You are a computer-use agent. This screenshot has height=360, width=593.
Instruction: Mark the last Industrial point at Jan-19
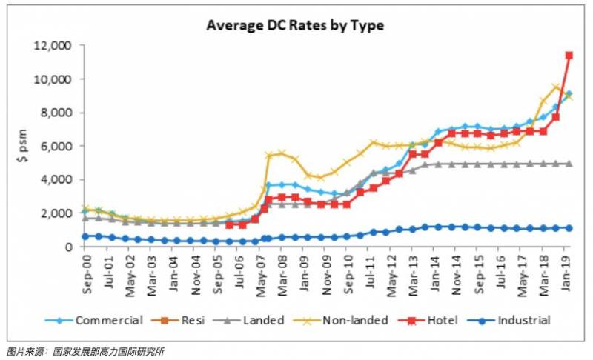click(x=569, y=228)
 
